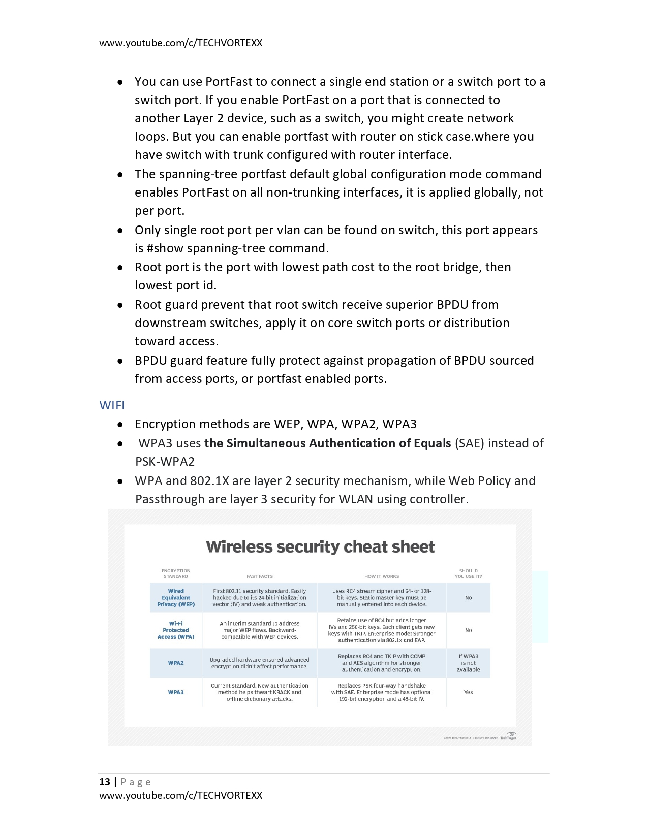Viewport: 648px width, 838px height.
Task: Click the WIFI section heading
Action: (112, 405)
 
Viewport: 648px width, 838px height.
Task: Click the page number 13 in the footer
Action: (105, 782)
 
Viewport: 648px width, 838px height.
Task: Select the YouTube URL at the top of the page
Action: (180, 43)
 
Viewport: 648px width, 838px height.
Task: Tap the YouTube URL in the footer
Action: (180, 795)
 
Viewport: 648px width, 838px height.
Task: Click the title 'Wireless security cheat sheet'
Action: (320, 547)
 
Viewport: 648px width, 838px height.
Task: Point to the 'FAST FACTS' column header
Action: (260, 576)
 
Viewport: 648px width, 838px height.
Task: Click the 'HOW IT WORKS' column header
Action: (382, 576)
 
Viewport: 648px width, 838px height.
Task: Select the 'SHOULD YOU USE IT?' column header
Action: (468, 573)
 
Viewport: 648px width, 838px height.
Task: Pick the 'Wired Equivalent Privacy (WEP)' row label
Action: (176, 598)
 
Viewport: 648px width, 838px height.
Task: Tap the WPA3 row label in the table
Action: (176, 692)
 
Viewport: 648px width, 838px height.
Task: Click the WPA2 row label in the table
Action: (176, 663)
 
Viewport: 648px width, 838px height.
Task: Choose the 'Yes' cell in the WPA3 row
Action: (468, 692)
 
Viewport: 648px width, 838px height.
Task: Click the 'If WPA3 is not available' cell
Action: (468, 663)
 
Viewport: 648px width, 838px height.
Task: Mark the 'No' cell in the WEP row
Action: (468, 598)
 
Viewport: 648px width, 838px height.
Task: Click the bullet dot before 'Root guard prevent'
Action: (120, 305)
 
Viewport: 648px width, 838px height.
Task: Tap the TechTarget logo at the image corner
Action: (509, 736)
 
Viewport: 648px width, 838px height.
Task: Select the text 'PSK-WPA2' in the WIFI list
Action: (165, 462)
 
